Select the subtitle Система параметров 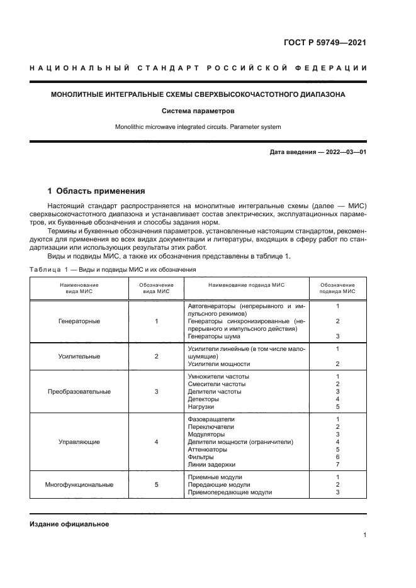click(x=198, y=111)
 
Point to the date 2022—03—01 click(x=340, y=152)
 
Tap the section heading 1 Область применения click(x=96, y=191)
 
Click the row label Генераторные click(x=79, y=321)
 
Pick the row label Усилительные click(x=79, y=356)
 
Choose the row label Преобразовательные click(x=79, y=391)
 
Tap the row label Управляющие click(x=79, y=442)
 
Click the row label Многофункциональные click(x=79, y=485)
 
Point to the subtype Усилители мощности click(x=219, y=364)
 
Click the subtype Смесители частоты click(x=217, y=384)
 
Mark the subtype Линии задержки click(x=211, y=465)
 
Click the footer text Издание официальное click(x=69, y=524)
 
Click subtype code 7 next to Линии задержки click(x=338, y=465)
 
